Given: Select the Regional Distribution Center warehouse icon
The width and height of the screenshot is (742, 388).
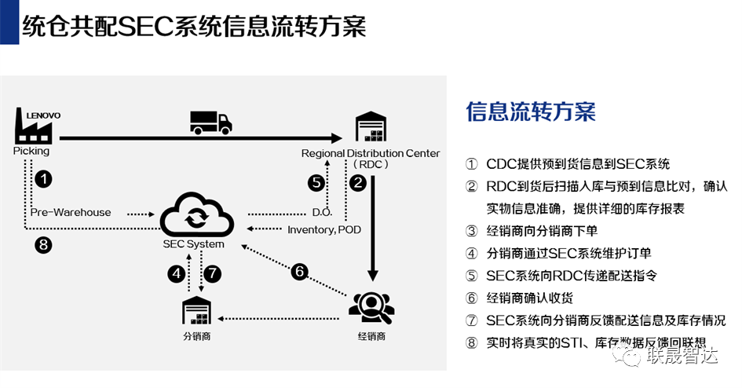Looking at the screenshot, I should coord(371,129).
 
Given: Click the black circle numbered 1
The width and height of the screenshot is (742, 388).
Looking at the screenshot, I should coord(44,179).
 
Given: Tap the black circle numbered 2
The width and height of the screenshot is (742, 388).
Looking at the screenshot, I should coord(358,183).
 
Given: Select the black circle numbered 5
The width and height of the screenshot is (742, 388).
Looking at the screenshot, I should coord(316,183).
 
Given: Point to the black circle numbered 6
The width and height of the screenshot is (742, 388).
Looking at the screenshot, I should coord(298,272).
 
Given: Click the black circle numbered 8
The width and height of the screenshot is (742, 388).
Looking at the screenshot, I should coord(44,245).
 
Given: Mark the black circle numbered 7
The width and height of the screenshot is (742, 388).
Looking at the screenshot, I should coord(213,274).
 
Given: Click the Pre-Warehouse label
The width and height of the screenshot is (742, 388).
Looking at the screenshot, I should coord(71,212).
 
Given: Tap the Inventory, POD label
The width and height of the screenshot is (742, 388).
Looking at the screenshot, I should coord(323,229).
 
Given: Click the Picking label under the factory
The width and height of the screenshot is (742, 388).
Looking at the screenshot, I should coord(31,150).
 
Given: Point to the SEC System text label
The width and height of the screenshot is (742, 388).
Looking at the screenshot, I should coord(193,243).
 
